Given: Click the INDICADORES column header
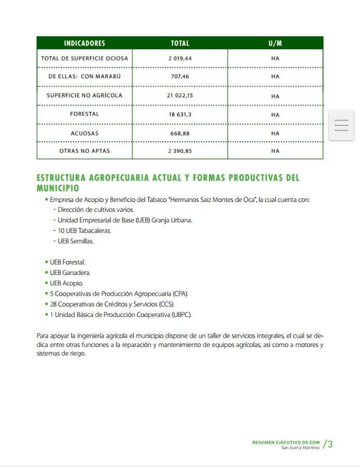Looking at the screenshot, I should click(84, 43).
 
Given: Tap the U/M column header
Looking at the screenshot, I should click(275, 43).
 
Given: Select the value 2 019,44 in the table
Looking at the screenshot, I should click(180, 59).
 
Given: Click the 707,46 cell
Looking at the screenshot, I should click(180, 77).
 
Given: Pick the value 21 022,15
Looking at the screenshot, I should click(180, 96).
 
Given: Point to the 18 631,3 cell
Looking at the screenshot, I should click(180, 114).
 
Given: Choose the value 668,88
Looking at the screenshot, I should click(180, 133).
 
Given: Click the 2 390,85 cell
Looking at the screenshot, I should click(180, 151).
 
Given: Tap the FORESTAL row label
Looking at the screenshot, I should click(84, 114).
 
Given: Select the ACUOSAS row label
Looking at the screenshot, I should click(84, 133).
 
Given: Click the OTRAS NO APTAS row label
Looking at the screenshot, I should click(84, 151).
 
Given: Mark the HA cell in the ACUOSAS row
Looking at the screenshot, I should click(275, 133).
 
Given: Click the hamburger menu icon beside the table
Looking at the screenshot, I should click(341, 126).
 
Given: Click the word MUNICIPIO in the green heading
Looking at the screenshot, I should click(58, 187).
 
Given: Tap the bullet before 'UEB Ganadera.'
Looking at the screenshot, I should click(47, 272).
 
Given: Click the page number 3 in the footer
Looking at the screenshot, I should click(330, 444).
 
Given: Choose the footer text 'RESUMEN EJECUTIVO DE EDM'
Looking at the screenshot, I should click(286, 443).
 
